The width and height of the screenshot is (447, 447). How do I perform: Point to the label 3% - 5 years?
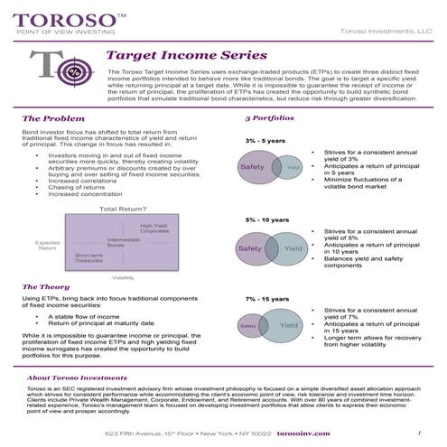pos(266,141)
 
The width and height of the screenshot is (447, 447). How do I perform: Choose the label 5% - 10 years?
pos(266,219)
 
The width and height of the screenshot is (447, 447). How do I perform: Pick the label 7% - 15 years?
pos(266,297)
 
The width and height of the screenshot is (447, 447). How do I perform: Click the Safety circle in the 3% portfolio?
pos(254,167)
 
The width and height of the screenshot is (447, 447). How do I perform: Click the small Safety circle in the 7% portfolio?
pos(249,325)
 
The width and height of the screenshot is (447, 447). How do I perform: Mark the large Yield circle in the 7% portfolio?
pos(287,325)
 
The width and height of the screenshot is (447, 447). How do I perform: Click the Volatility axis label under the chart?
pos(123,277)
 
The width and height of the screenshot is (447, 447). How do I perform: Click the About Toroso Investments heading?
pos(77,377)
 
